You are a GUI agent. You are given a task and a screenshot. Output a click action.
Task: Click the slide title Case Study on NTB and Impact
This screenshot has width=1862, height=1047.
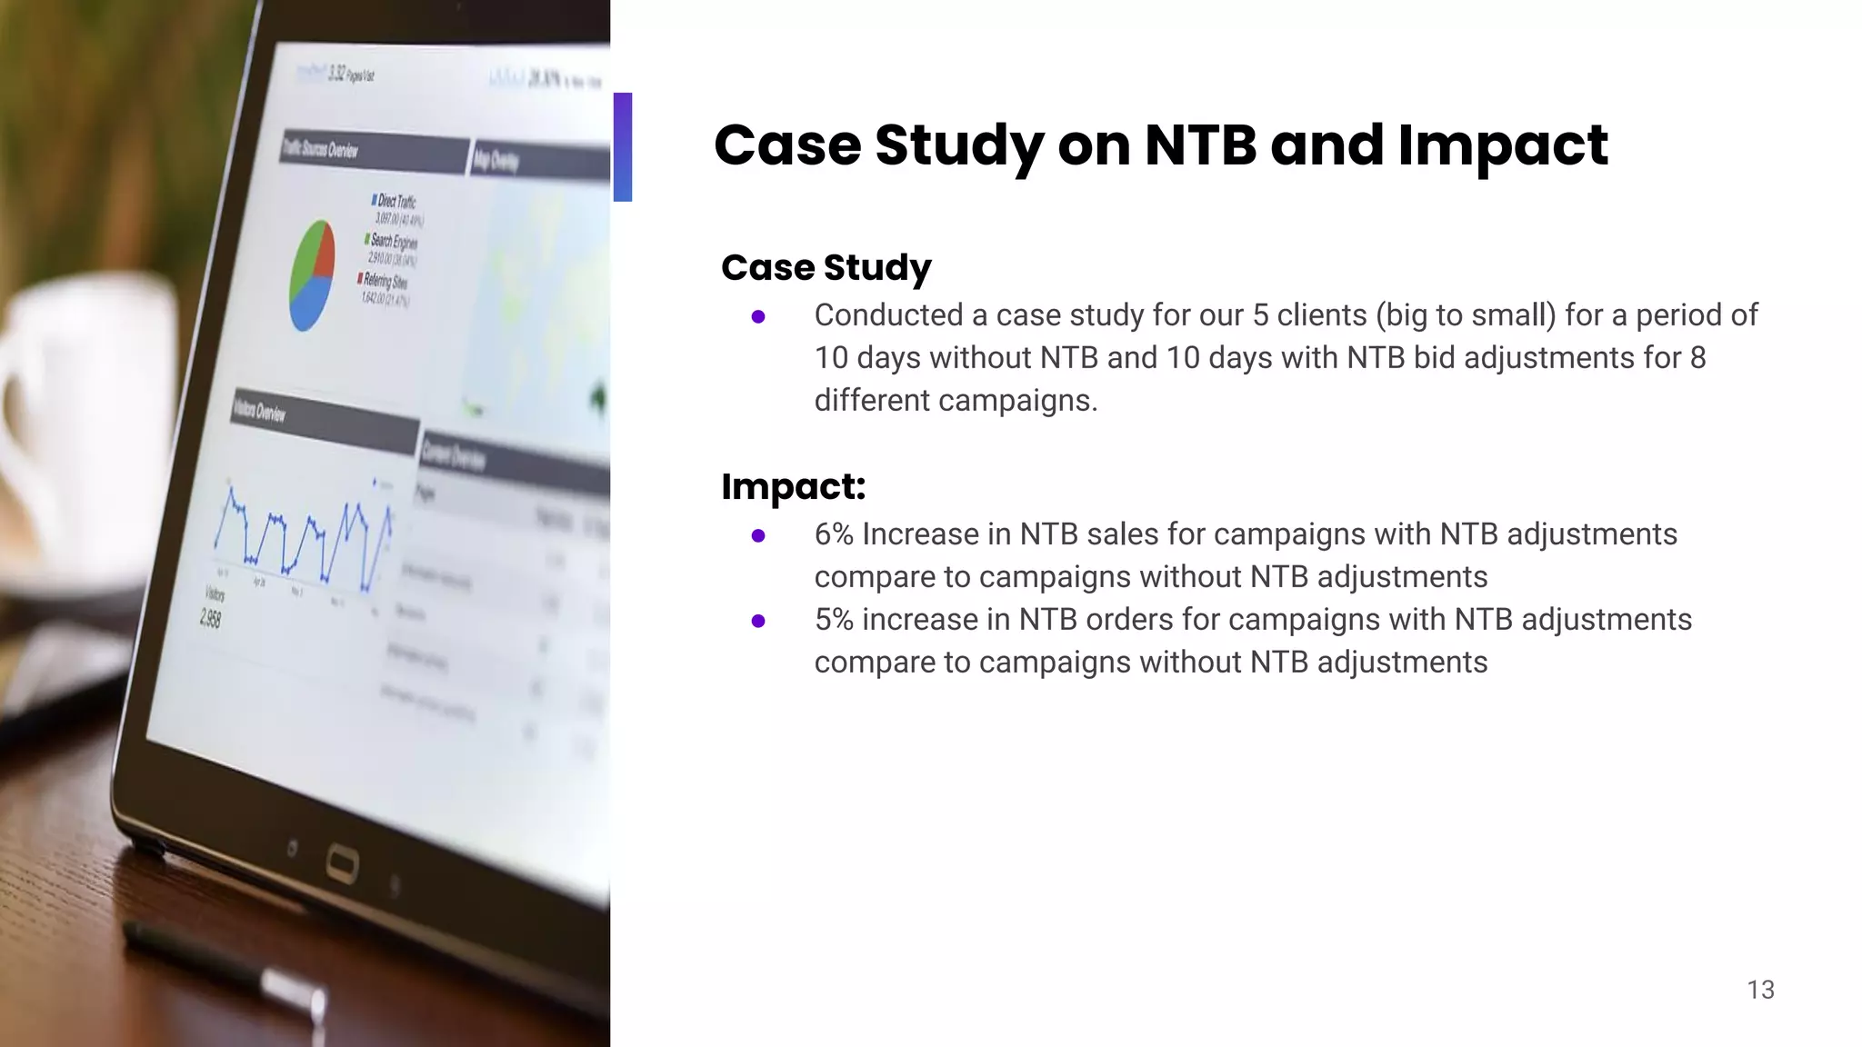(1160, 145)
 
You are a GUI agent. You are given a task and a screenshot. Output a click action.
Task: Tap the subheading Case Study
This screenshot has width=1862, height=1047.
(826, 267)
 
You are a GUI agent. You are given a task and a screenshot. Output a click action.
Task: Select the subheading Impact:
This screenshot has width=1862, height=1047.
(793, 486)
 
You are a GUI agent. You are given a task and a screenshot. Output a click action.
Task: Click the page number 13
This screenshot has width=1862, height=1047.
(1760, 990)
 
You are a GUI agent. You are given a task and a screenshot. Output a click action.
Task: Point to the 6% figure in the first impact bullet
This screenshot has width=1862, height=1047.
(834, 534)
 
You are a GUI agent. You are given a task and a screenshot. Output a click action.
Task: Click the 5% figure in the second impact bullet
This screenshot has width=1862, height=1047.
(834, 620)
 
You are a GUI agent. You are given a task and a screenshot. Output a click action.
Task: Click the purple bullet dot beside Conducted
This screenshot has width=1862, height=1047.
(758, 317)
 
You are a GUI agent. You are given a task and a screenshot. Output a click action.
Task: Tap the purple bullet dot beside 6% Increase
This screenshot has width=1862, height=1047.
(758, 536)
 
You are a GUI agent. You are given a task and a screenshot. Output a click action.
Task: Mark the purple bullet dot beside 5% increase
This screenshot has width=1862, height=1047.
(758, 622)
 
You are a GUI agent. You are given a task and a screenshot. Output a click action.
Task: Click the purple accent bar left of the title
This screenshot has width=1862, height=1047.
(623, 146)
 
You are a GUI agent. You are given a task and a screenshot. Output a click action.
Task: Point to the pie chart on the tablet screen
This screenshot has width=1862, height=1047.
(311, 274)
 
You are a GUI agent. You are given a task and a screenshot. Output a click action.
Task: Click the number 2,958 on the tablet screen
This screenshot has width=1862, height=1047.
(210, 619)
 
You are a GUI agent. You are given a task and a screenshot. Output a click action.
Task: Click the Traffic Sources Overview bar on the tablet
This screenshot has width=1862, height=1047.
(373, 152)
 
